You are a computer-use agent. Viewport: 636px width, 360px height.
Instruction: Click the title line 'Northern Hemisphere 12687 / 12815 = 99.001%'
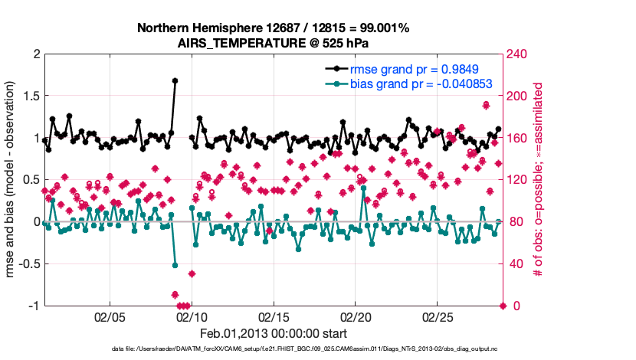(274, 28)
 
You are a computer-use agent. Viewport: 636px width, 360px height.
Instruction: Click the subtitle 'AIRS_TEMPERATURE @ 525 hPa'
(274, 43)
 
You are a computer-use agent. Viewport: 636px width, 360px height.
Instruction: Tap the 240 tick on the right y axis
(518, 54)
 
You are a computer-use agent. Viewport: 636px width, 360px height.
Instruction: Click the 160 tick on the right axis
(518, 138)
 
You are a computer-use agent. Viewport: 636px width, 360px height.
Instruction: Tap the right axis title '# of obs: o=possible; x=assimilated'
(538, 180)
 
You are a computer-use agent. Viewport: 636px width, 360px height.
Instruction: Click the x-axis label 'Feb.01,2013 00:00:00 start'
(274, 333)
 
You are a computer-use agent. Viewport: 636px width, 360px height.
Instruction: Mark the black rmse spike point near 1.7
(175, 80)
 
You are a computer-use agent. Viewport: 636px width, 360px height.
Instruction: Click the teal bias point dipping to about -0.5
(175, 265)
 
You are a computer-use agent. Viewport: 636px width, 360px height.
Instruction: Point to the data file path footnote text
(274, 350)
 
